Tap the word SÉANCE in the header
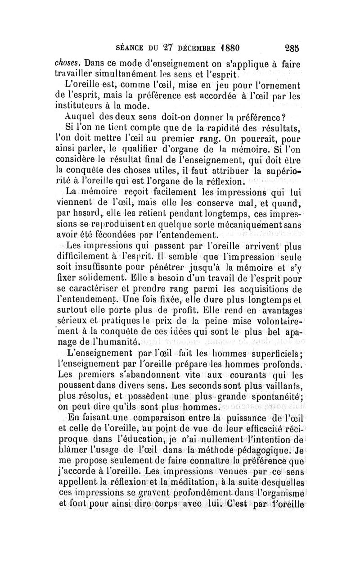pyautogui.click(x=130, y=47)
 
